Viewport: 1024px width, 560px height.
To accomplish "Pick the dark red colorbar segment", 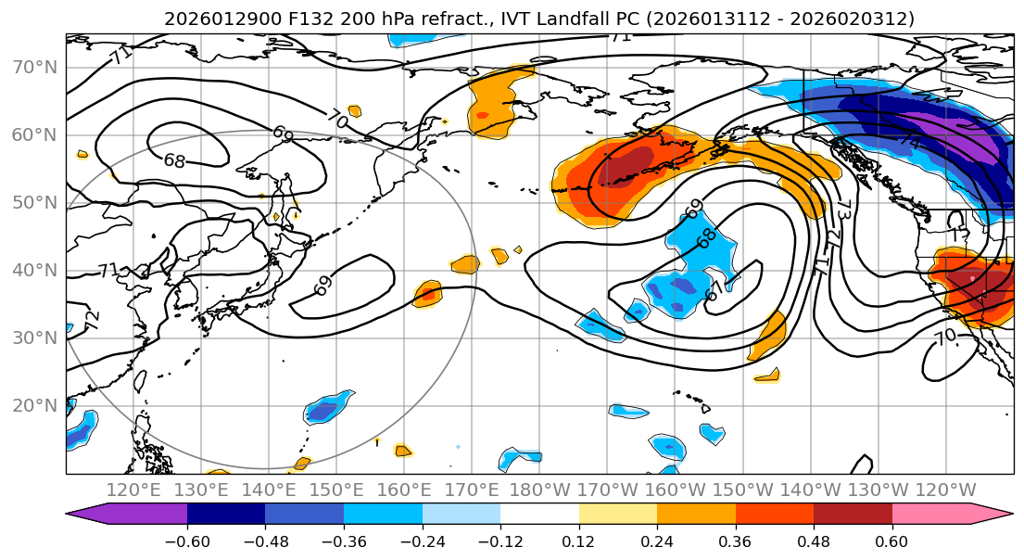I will click(853, 515).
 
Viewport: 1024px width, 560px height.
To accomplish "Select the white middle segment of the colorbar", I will click(539, 515).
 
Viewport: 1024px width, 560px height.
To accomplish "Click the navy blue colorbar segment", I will click(226, 515).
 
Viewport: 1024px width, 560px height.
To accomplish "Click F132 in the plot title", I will click(269, 19).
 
